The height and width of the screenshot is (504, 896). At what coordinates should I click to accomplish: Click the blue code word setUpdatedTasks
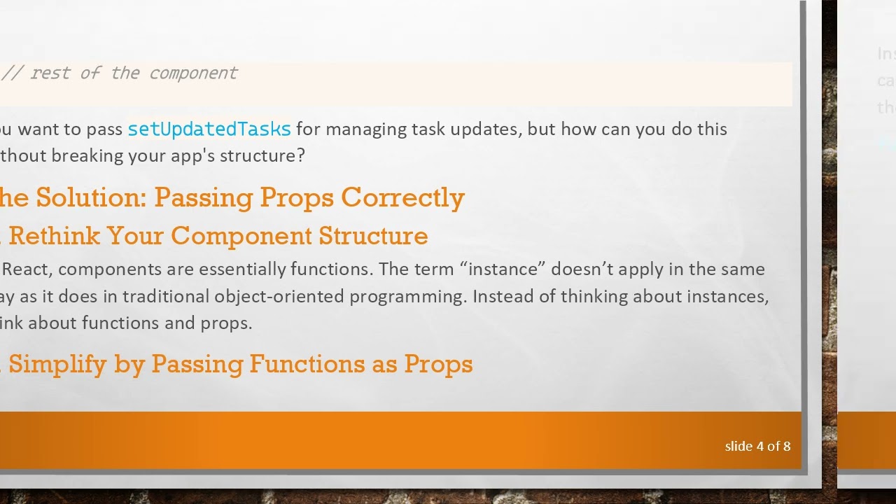[x=209, y=129]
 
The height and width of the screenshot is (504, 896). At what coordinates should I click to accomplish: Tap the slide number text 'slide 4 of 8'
[x=757, y=447]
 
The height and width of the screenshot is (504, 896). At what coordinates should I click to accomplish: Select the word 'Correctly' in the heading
[x=402, y=198]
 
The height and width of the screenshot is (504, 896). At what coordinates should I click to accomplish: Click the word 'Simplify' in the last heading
[x=57, y=364]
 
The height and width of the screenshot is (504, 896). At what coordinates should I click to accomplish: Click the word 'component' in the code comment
[x=193, y=73]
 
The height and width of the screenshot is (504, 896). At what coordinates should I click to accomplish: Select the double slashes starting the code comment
[x=11, y=73]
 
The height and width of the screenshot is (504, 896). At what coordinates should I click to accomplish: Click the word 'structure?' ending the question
[x=262, y=156]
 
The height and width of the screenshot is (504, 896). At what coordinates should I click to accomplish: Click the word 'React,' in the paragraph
[x=27, y=269]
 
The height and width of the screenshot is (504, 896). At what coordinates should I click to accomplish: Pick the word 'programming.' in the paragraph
[x=408, y=297]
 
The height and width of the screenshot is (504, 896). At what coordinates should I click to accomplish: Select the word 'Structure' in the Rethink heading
[x=373, y=236]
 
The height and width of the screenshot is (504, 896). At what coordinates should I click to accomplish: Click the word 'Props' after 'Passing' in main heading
[x=297, y=198]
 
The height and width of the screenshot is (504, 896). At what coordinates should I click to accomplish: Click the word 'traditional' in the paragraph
[x=166, y=297]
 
